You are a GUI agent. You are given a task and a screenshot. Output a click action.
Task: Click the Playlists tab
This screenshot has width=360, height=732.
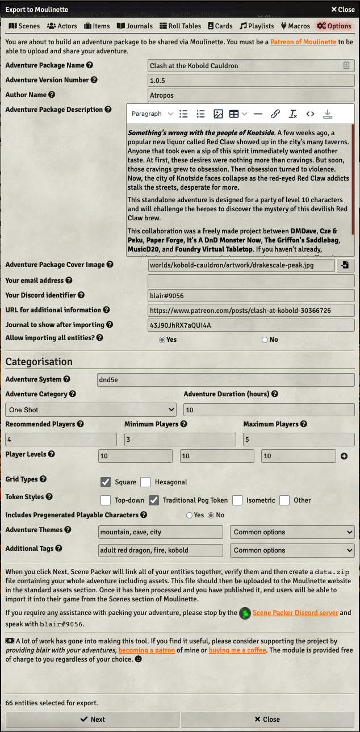pos(257,26)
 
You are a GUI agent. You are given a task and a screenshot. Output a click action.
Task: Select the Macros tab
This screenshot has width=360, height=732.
pos(295,26)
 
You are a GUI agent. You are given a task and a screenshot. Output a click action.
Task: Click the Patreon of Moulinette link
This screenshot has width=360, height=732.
pos(303,42)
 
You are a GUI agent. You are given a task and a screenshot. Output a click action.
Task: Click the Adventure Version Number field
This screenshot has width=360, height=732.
pos(251,81)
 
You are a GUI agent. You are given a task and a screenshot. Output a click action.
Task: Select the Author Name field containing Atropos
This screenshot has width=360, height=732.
pos(251,95)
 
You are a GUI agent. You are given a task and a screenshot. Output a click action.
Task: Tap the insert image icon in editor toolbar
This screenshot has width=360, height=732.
pos(218,114)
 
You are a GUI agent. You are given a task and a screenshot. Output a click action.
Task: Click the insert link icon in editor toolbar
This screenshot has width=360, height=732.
pos(275,114)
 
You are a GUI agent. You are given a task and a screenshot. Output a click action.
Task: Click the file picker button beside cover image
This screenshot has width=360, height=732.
pos(345,265)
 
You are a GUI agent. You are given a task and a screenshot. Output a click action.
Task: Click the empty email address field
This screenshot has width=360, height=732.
pos(251,281)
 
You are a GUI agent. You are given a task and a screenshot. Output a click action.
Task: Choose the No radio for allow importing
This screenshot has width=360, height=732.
pos(265,340)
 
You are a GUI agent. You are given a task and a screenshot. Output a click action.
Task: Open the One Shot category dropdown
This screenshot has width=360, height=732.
pos(91,410)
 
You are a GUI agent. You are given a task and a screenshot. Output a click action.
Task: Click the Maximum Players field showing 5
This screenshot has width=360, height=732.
pos(299,440)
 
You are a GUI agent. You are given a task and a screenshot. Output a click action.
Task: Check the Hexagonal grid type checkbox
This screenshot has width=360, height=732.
pos(145,482)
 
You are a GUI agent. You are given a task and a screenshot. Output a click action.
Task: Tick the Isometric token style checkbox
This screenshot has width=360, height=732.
pos(237,500)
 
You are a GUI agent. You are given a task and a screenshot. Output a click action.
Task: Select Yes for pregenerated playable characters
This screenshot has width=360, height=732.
pos(189,515)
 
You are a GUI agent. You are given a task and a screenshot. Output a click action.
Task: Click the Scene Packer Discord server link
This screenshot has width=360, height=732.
pos(295,613)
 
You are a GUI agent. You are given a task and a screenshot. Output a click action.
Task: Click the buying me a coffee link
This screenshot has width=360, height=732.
pos(232,650)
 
